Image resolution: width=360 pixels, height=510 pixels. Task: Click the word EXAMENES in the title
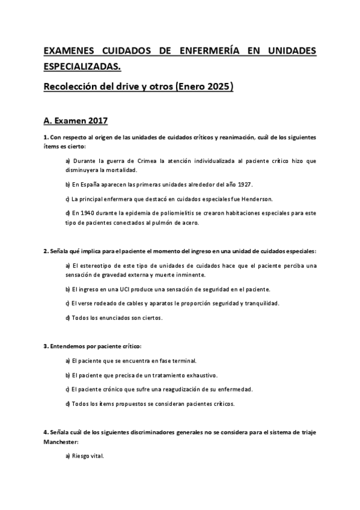pos(68,51)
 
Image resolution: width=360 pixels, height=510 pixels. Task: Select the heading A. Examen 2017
pos(75,121)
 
